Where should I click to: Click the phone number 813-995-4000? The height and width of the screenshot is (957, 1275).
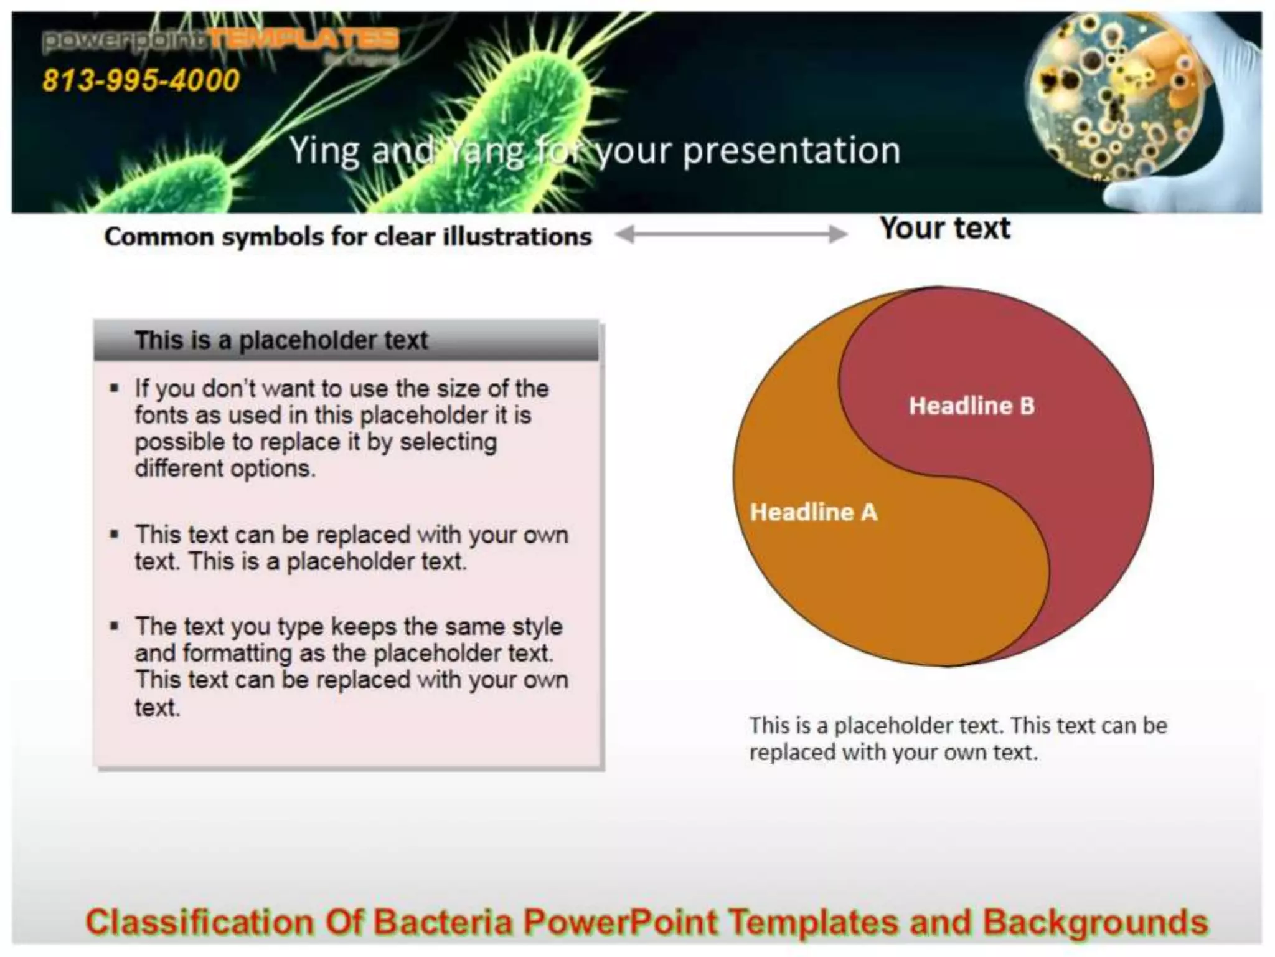141,80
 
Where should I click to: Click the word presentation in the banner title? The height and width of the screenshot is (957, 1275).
791,151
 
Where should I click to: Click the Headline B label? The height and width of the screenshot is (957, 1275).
971,406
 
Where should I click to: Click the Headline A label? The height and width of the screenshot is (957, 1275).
813,512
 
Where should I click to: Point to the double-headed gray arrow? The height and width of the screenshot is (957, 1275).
731,235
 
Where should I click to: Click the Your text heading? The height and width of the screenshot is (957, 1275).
944,228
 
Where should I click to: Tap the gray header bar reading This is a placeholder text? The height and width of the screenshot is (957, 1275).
346,341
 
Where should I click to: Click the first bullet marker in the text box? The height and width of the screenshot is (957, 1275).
114,389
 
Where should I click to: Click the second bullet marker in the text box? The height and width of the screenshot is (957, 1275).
114,535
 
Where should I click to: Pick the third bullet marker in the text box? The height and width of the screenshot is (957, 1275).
114,626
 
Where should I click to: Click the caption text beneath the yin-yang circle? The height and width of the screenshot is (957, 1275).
957,739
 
